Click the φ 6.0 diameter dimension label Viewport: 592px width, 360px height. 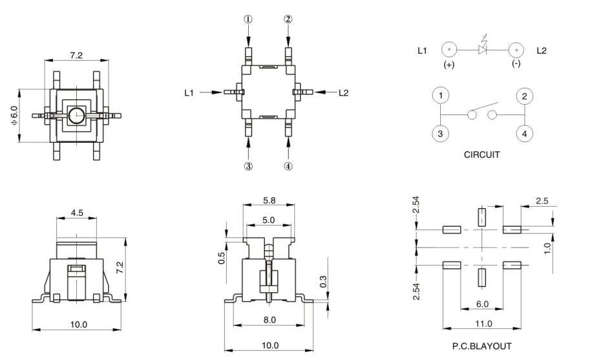tap(14, 115)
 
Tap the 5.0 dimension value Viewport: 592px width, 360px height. tap(268, 220)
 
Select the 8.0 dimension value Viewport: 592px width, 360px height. tap(270, 319)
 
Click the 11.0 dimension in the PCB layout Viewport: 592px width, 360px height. tap(482, 323)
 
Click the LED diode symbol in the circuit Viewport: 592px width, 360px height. tap(483, 49)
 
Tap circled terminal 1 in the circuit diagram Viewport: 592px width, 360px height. tap(440, 96)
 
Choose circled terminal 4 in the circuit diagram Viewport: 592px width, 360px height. tap(524, 133)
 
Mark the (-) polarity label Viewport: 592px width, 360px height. tap(515, 65)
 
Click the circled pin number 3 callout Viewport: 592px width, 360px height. tap(248, 166)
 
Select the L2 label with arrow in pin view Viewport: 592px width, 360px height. tap(344, 93)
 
